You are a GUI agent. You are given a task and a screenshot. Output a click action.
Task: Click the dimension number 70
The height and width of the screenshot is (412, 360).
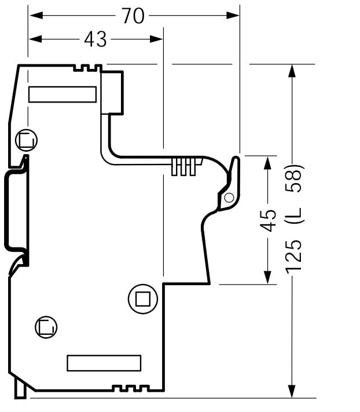tap(133, 16)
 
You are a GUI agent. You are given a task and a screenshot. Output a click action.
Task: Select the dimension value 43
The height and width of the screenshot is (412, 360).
tap(95, 39)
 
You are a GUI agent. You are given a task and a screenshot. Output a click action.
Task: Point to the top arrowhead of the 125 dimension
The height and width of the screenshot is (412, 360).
tap(292, 71)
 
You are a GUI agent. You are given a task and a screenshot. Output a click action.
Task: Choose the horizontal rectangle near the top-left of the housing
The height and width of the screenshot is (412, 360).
tap(63, 94)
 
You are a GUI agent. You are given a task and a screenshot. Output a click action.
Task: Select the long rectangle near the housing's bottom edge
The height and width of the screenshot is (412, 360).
tap(104, 363)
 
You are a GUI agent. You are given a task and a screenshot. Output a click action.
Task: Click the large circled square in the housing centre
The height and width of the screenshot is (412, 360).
tap(142, 299)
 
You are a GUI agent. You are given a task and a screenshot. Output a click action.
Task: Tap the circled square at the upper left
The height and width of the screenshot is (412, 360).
tap(26, 140)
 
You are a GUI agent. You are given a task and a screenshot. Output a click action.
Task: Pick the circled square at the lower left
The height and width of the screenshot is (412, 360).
tap(46, 327)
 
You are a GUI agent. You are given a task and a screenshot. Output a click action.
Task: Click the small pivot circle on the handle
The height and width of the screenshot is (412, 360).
tap(229, 198)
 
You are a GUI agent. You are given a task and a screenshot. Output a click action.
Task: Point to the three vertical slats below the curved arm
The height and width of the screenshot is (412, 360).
tap(182, 167)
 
